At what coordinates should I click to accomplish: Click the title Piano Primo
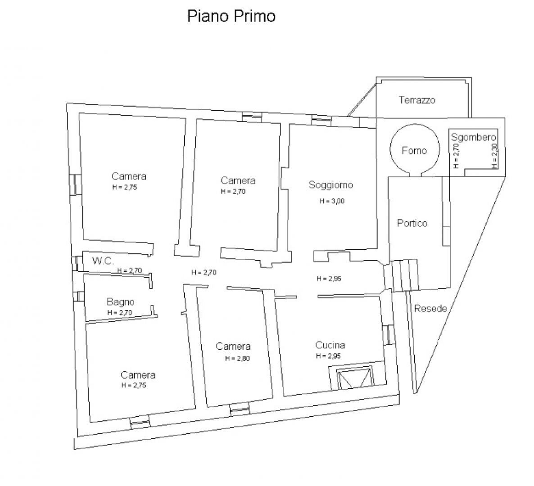pos(231,16)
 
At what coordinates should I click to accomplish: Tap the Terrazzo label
pos(417,100)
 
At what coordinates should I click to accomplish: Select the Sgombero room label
pos(474,138)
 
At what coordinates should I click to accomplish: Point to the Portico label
pos(412,223)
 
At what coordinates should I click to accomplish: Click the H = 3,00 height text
pos(332,201)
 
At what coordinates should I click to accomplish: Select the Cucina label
pos(330,345)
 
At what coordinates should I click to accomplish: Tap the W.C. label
pos(103,261)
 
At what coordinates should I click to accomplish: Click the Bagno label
pos(120,302)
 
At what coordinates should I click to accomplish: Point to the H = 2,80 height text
pos(237,359)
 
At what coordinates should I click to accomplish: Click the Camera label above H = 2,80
pos(233,346)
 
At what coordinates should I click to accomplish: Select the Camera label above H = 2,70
pos(238,181)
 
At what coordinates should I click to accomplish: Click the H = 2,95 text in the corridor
pos(329,279)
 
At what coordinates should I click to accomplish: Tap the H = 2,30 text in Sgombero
pos(495,157)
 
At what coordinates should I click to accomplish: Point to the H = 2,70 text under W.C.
pos(130,270)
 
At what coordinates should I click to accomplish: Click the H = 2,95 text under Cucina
pos(329,356)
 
